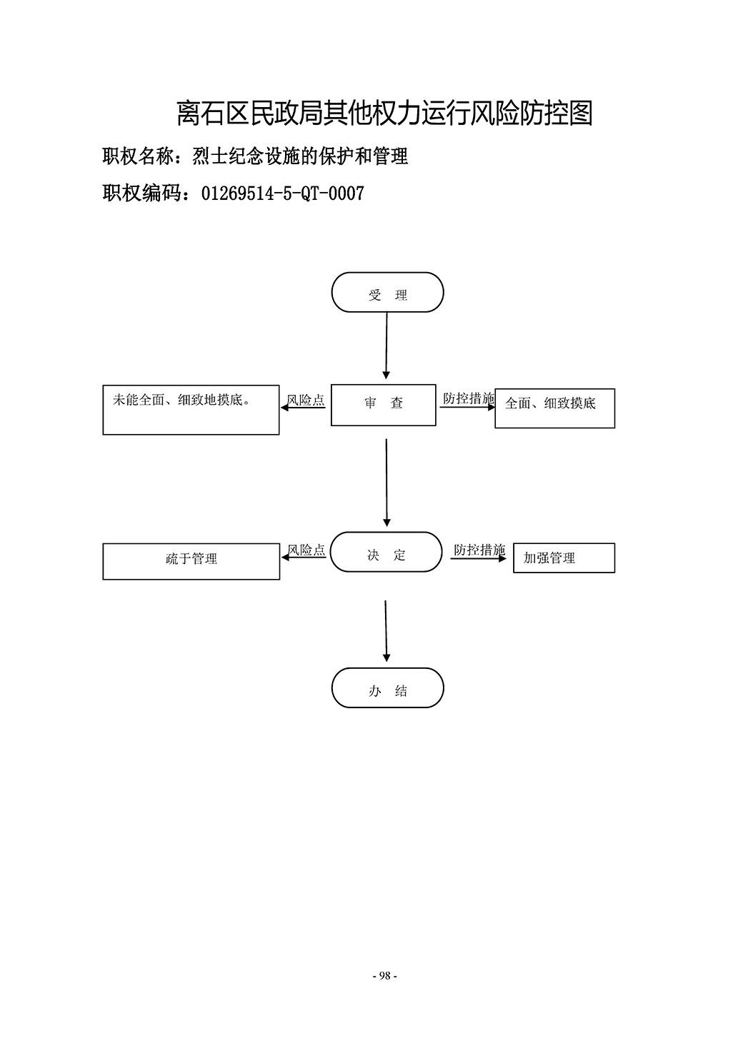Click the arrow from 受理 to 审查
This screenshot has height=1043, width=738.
387,346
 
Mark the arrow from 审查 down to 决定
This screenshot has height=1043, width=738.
387,483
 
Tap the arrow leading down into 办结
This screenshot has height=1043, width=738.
386,631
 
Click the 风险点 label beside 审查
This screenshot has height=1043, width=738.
306,400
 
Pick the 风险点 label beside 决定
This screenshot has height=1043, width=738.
306,550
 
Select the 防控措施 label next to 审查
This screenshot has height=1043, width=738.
469,398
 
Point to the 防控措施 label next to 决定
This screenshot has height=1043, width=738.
479,550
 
